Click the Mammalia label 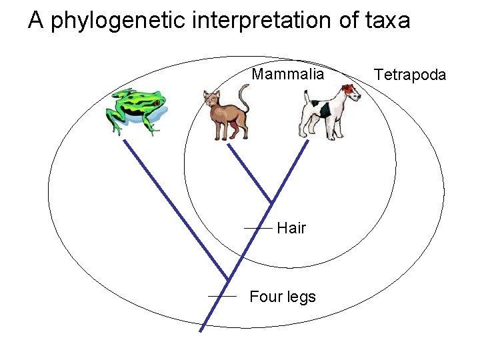287,74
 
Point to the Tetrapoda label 410,75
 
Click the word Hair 291,229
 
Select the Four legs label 283,297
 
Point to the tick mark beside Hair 258,228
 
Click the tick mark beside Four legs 223,295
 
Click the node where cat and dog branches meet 271,203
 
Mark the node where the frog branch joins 228,279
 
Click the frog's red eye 155,104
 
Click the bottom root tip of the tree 202,329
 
